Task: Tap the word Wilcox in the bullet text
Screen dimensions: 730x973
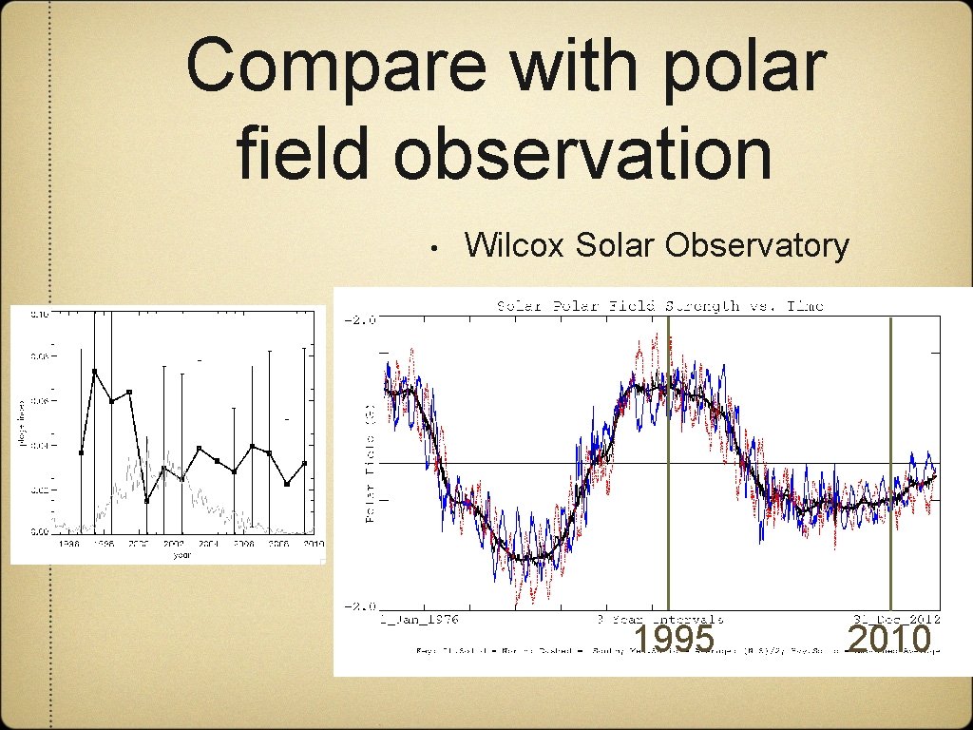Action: pos(514,245)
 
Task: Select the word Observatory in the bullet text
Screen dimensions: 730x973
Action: pos(756,245)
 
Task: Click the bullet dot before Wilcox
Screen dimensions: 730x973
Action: pos(432,249)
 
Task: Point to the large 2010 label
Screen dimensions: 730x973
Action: pos(888,640)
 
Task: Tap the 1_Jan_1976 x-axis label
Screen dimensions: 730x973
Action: pos(418,619)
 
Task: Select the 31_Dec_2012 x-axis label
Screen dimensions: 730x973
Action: pos(898,619)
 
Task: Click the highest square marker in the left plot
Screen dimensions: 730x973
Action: pos(95,371)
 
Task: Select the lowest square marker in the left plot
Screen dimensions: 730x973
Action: pos(146,501)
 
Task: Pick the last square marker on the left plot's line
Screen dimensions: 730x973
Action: pos(304,464)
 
